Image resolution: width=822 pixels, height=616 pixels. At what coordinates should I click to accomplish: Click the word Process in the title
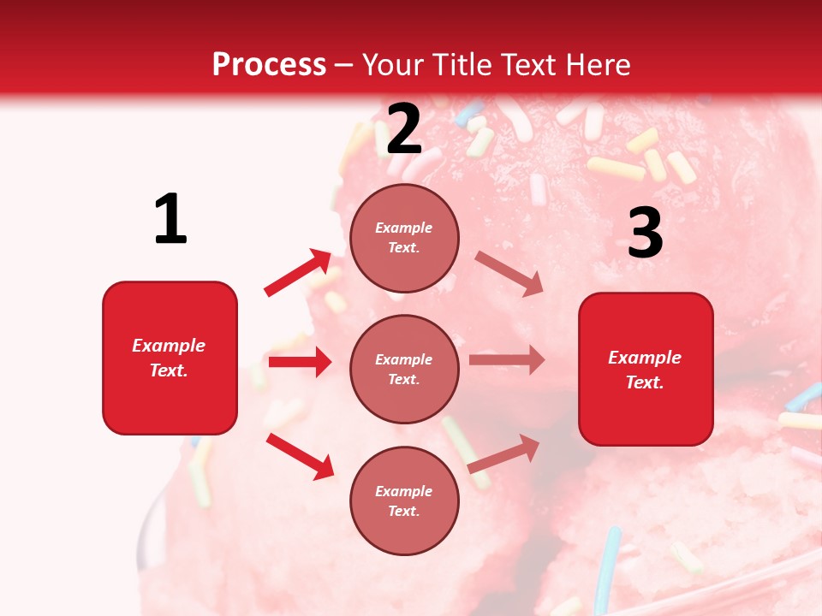[x=269, y=65]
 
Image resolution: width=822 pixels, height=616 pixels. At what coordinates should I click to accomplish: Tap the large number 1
[x=170, y=219]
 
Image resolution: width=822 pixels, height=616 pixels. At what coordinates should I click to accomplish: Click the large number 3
[x=645, y=233]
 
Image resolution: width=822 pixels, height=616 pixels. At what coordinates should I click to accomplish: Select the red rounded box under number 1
[x=170, y=358]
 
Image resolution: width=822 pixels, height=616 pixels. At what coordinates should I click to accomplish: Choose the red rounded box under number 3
[x=646, y=369]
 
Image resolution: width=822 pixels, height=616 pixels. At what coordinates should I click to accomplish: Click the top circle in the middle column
[x=404, y=238]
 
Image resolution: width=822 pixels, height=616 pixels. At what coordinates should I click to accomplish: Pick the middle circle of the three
[x=404, y=369]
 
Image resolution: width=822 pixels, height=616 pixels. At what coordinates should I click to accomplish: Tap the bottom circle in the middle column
[x=404, y=500]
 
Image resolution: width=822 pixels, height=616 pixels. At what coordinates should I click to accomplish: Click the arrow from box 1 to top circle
[x=298, y=273]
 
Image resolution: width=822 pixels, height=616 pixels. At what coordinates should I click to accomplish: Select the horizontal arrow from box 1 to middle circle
[x=300, y=362]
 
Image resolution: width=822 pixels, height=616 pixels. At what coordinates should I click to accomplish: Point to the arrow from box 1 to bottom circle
[x=300, y=456]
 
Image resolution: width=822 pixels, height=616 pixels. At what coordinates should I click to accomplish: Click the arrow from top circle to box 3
[x=509, y=274]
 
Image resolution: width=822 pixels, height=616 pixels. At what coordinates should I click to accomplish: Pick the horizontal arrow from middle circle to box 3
[x=507, y=360]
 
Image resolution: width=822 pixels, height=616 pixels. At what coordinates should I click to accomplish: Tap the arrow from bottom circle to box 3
[x=503, y=453]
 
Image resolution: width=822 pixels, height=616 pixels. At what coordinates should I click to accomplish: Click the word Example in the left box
[x=169, y=346]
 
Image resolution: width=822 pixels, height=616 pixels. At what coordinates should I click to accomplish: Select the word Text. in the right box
[x=645, y=382]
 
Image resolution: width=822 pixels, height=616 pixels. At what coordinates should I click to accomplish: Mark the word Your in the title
[x=395, y=65]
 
